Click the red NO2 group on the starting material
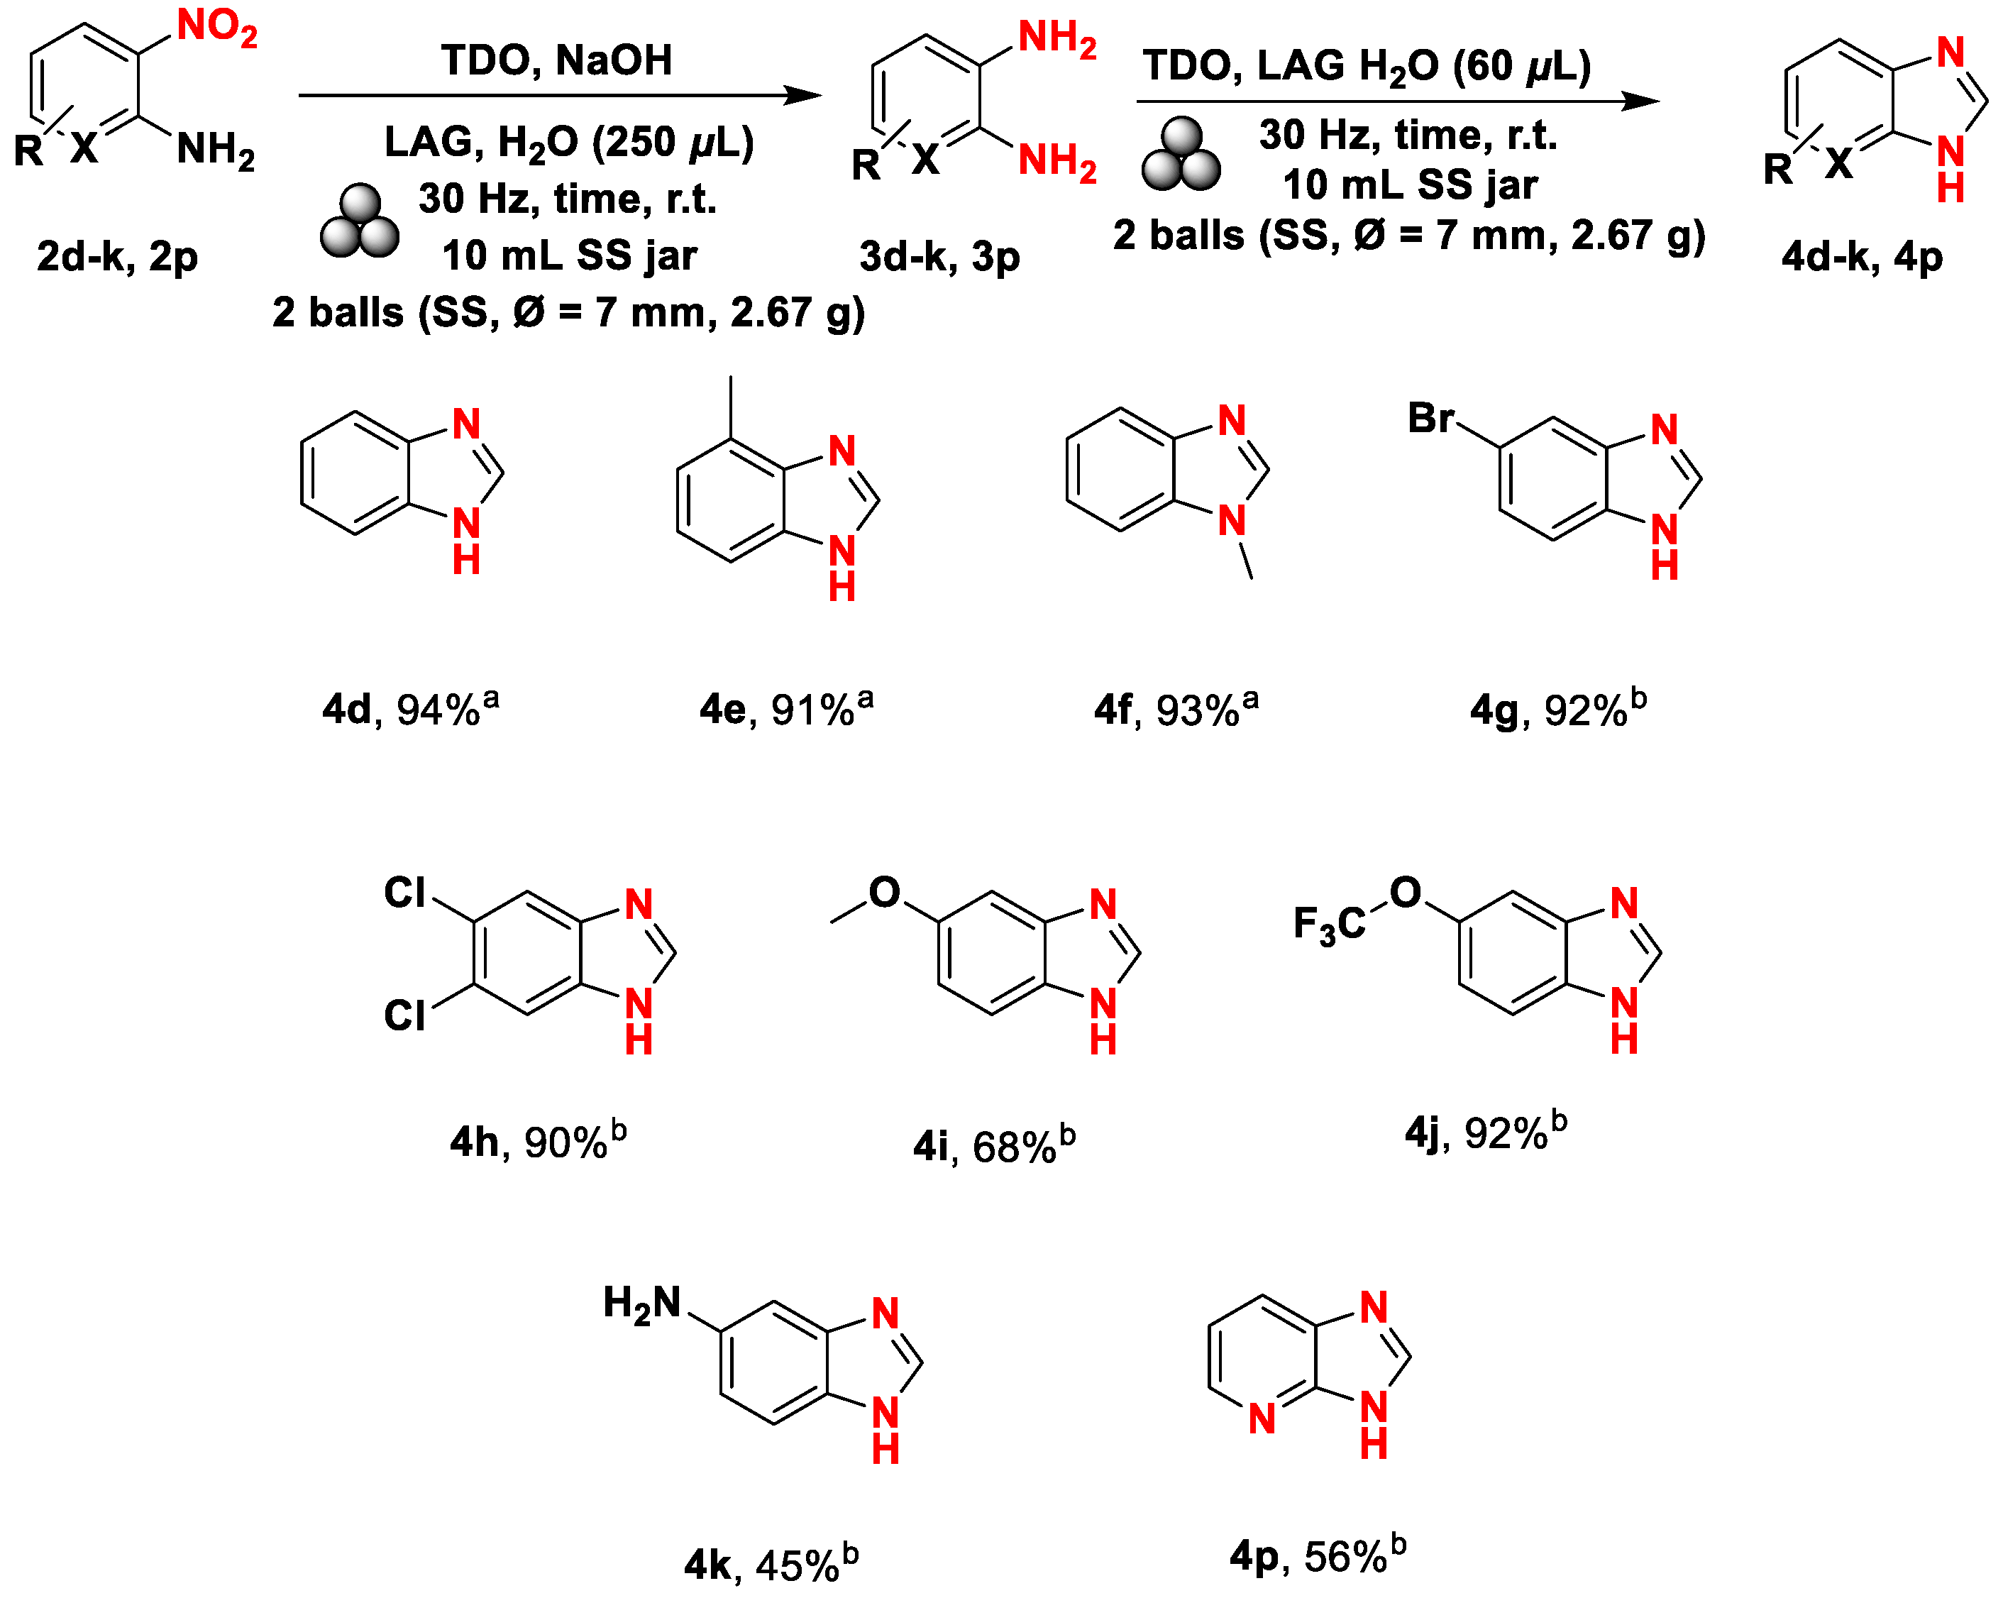pos(216,27)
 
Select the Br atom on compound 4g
pos(1430,418)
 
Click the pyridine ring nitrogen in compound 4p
pos(1262,1418)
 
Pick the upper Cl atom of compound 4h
pos(405,893)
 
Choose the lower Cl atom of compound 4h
pos(405,1015)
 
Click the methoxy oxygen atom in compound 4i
pos(883,893)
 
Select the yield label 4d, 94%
pos(409,709)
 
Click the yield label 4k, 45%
pos(770,1565)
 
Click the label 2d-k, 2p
pos(117,256)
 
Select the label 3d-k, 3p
pos(939,256)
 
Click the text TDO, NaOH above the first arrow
pos(556,60)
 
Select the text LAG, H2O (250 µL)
pos(568,142)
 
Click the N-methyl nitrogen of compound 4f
pos(1232,520)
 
